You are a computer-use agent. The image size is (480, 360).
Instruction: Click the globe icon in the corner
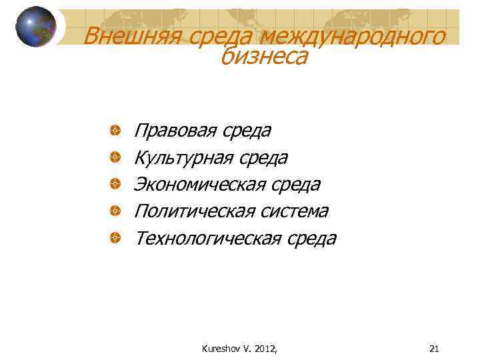[36, 27]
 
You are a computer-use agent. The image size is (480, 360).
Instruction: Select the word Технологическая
[207, 238]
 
